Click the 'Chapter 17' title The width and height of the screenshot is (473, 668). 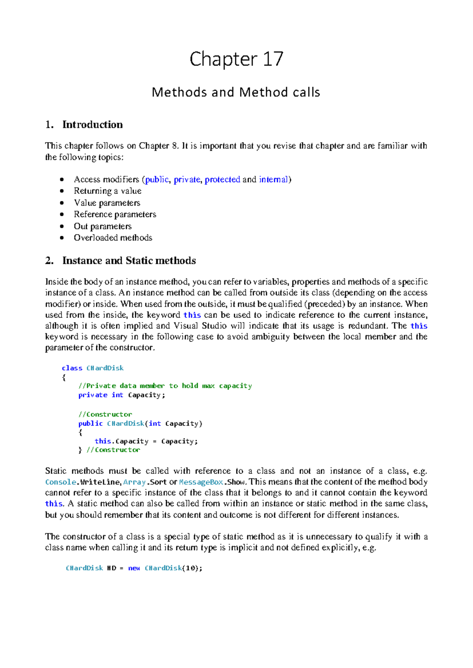click(236, 59)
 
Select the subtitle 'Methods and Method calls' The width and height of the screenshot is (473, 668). click(236, 92)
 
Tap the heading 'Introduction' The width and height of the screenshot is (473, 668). click(92, 125)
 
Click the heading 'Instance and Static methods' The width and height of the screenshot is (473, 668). click(129, 261)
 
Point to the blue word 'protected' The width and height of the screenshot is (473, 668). click(222, 180)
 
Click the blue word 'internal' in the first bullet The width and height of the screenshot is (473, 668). click(273, 180)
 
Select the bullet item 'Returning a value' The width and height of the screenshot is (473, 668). click(108, 191)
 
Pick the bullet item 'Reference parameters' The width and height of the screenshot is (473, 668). click(115, 214)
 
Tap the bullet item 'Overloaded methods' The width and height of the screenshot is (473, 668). click(113, 238)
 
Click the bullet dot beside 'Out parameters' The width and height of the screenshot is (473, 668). click(62, 226)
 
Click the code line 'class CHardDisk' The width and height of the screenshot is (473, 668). click(93, 368)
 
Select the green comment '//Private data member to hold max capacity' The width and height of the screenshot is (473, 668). click(165, 386)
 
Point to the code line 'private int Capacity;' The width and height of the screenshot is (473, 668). click(122, 395)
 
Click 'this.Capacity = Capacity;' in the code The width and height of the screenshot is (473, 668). click(146, 442)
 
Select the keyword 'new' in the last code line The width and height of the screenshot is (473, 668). click(134, 568)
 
